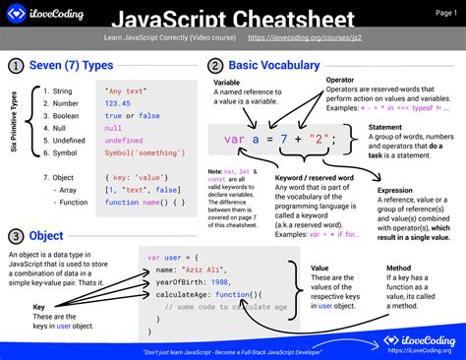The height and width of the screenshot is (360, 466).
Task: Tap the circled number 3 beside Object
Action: [16, 237]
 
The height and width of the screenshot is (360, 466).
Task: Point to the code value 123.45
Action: [120, 101]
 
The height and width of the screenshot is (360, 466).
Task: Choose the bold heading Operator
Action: [340, 79]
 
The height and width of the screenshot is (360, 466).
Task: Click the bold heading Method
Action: [398, 268]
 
